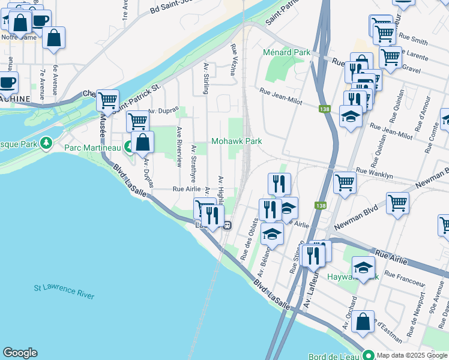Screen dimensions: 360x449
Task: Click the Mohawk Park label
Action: (x=237, y=141)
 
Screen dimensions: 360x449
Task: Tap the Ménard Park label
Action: (x=286, y=53)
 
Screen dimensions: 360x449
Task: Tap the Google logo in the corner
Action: (x=20, y=353)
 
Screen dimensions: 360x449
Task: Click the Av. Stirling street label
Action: (x=206, y=79)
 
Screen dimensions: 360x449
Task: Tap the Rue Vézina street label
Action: (x=233, y=59)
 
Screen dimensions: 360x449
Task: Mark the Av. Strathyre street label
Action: (x=193, y=163)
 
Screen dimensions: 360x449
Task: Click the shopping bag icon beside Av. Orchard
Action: (x=363, y=322)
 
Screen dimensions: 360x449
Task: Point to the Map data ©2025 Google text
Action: (x=412, y=355)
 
